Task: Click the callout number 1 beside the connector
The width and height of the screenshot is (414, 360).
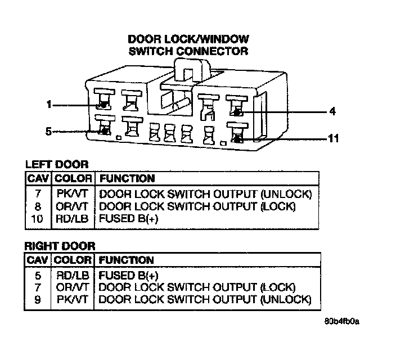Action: pyautogui.click(x=49, y=105)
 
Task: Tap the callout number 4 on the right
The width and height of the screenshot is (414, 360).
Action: pyautogui.click(x=332, y=112)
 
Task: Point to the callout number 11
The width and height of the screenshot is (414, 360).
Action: pyautogui.click(x=333, y=138)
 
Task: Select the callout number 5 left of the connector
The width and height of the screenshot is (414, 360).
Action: pyautogui.click(x=48, y=132)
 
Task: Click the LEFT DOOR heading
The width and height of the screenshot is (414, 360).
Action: pyautogui.click(x=56, y=165)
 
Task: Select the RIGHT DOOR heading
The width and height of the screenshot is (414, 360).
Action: pyautogui.click(x=60, y=246)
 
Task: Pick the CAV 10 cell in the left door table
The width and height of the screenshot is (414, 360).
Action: pyautogui.click(x=37, y=219)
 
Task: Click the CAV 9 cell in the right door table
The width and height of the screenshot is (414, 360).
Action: pyautogui.click(x=37, y=300)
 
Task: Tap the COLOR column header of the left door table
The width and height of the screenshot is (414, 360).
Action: pyautogui.click(x=73, y=179)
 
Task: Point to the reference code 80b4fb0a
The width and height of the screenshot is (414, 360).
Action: pyautogui.click(x=342, y=322)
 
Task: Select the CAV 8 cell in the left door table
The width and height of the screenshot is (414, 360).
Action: pyautogui.click(x=37, y=206)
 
